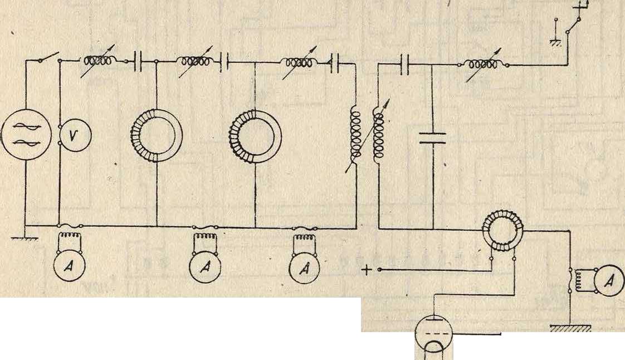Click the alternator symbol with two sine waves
tap(26, 135)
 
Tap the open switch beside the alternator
tap(49, 57)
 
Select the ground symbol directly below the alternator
tap(25, 239)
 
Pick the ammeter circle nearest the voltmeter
tap(70, 266)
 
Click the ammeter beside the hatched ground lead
tap(609, 281)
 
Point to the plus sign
tap(367, 270)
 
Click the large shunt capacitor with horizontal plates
tap(432, 138)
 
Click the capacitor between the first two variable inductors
tap(138, 61)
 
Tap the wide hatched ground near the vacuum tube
tap(570, 328)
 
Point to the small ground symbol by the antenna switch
tap(556, 42)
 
